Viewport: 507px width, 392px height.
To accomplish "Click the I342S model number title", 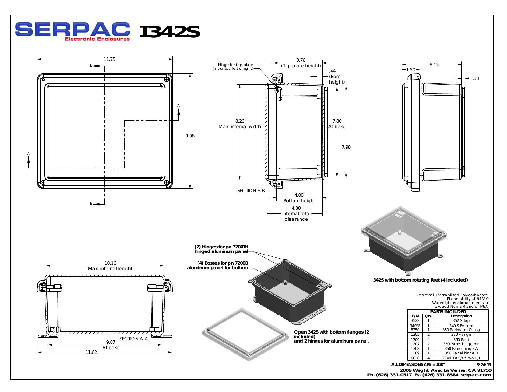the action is coord(170,32).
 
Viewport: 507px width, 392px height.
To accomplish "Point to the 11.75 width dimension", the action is coord(109,59).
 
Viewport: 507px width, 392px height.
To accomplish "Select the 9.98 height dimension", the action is coord(190,136).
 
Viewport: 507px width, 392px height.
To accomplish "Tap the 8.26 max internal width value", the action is coord(240,121).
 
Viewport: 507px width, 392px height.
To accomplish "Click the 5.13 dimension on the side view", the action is coord(434,65).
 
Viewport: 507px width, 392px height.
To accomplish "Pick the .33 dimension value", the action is coord(475,78).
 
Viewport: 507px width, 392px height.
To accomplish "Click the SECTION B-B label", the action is coord(251,191).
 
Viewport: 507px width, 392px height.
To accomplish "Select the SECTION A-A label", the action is coord(134,339).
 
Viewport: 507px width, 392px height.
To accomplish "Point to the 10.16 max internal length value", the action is coord(110,263).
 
